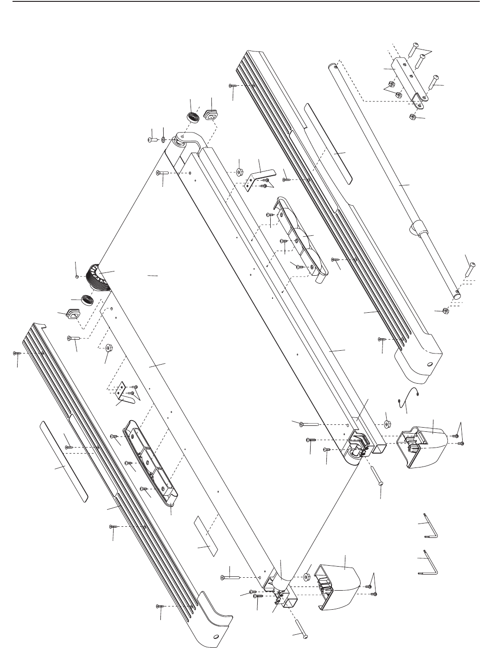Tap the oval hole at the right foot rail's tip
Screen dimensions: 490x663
click(429, 365)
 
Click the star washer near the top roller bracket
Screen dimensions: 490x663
click(163, 139)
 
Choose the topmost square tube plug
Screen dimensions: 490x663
click(211, 114)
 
